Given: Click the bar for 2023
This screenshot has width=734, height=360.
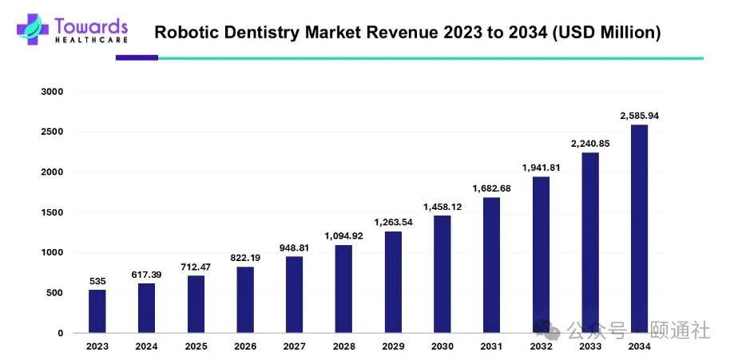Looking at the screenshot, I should pyautogui.click(x=97, y=311).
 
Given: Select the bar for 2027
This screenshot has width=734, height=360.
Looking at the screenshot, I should pyautogui.click(x=294, y=295).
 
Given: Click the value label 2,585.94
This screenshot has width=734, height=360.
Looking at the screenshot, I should pyautogui.click(x=639, y=116).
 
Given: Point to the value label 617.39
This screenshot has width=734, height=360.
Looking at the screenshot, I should pyautogui.click(x=147, y=275).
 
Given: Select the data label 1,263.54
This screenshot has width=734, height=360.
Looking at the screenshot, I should pyautogui.click(x=393, y=222).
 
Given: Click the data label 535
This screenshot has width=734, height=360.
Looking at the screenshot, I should pyautogui.click(x=97, y=281).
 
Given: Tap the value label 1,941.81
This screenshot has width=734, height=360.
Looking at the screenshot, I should pyautogui.click(x=541, y=168).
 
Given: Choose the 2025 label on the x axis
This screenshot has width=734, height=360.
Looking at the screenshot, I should pyautogui.click(x=196, y=346).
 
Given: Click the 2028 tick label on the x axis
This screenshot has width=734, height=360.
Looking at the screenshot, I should pyautogui.click(x=343, y=346).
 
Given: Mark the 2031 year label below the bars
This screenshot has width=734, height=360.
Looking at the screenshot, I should pyautogui.click(x=491, y=346).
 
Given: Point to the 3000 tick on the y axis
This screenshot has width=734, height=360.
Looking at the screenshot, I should pyautogui.click(x=52, y=92).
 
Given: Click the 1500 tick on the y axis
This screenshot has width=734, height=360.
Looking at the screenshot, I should pyautogui.click(x=52, y=212).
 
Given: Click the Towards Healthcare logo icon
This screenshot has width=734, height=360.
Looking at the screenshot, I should pyautogui.click(x=32, y=29).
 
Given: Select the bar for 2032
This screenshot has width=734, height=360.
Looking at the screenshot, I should pyautogui.click(x=541, y=255).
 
